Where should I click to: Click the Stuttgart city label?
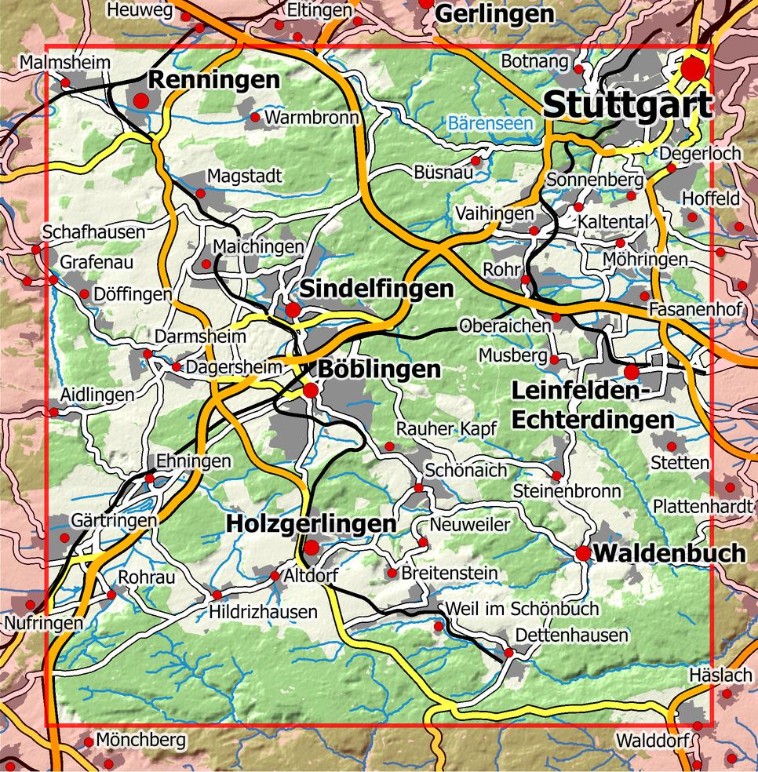click(x=627, y=104)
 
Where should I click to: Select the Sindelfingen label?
click(x=377, y=289)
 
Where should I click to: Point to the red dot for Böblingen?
click(x=311, y=390)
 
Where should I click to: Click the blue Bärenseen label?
click(x=490, y=123)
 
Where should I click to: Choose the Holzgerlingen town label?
click(x=311, y=523)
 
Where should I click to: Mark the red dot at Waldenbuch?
click(x=583, y=554)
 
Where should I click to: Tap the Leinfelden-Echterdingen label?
click(x=592, y=404)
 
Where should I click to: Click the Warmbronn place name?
click(x=312, y=118)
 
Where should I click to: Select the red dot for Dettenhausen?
click(x=508, y=653)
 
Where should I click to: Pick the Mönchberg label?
click(x=142, y=740)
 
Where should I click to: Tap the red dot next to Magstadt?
click(x=200, y=193)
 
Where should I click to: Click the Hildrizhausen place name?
click(x=263, y=612)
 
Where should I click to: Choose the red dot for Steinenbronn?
click(x=556, y=476)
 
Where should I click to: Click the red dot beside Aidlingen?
click(x=53, y=412)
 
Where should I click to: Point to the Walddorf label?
click(x=652, y=741)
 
